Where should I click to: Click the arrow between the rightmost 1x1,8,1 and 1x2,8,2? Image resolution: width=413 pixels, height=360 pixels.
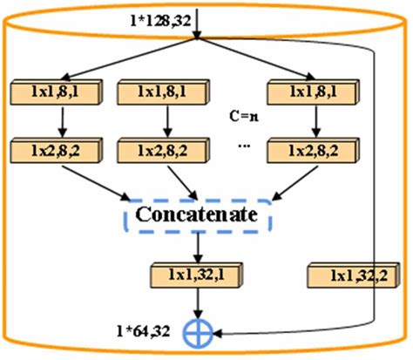click(308, 121)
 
